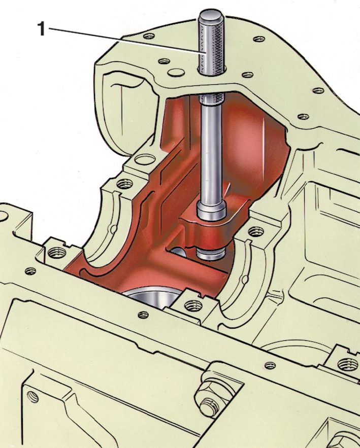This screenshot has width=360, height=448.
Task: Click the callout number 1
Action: [x=42, y=29]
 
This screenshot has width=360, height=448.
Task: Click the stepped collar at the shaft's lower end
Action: [x=212, y=211]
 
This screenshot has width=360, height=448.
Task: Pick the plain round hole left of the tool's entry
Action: [x=176, y=72]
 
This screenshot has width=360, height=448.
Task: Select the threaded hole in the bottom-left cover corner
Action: [x=32, y=397]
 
